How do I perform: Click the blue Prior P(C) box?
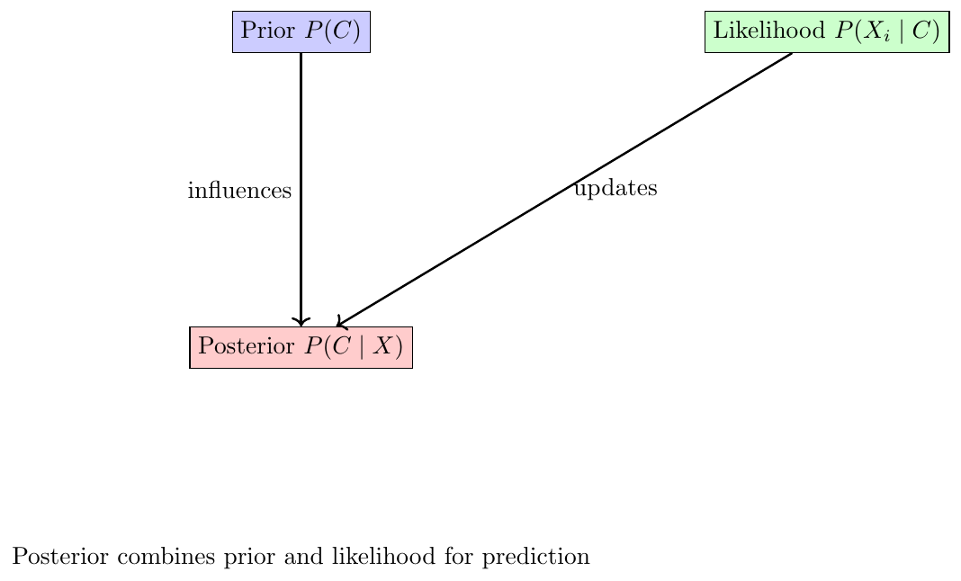(x=301, y=31)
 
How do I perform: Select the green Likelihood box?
(x=827, y=31)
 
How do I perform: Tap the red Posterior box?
(x=301, y=347)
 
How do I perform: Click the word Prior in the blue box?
(x=268, y=30)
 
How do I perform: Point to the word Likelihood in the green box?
(x=769, y=30)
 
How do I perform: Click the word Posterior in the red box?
(x=247, y=346)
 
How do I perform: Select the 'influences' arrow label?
(x=239, y=190)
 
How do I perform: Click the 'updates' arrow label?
(x=616, y=188)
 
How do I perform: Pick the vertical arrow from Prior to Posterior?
(x=301, y=190)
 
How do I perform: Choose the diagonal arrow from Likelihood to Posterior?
(x=564, y=190)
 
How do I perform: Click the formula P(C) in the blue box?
(x=332, y=31)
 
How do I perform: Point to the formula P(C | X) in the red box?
(x=354, y=346)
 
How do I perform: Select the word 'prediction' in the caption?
(x=535, y=557)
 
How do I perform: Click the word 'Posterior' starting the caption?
(x=60, y=557)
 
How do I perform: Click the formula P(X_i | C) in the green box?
(x=887, y=31)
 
